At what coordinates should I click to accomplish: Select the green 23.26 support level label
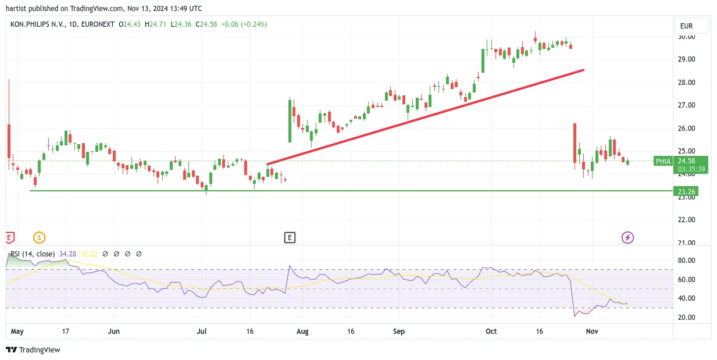[x=686, y=191]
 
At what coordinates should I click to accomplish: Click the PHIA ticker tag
[x=663, y=161]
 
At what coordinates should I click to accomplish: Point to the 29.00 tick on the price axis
[x=687, y=59]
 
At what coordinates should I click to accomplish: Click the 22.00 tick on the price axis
[x=687, y=219]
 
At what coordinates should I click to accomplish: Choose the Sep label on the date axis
[x=399, y=331]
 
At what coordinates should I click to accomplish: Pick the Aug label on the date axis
[x=302, y=331]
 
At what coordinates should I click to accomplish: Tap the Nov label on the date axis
[x=592, y=331]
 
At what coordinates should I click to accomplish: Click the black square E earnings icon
[x=290, y=237]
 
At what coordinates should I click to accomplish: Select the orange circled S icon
[x=39, y=237]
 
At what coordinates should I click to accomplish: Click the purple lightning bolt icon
[x=627, y=237]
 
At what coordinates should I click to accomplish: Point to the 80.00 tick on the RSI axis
[x=687, y=260]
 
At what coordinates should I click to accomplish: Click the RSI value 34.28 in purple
[x=68, y=254]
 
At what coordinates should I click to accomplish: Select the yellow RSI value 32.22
[x=89, y=254]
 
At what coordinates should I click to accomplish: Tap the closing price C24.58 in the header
[x=206, y=24]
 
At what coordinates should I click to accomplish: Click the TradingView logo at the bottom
[x=33, y=350]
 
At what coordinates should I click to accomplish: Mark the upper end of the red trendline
[x=583, y=70]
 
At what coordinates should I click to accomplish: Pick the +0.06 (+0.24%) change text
[x=244, y=24]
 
